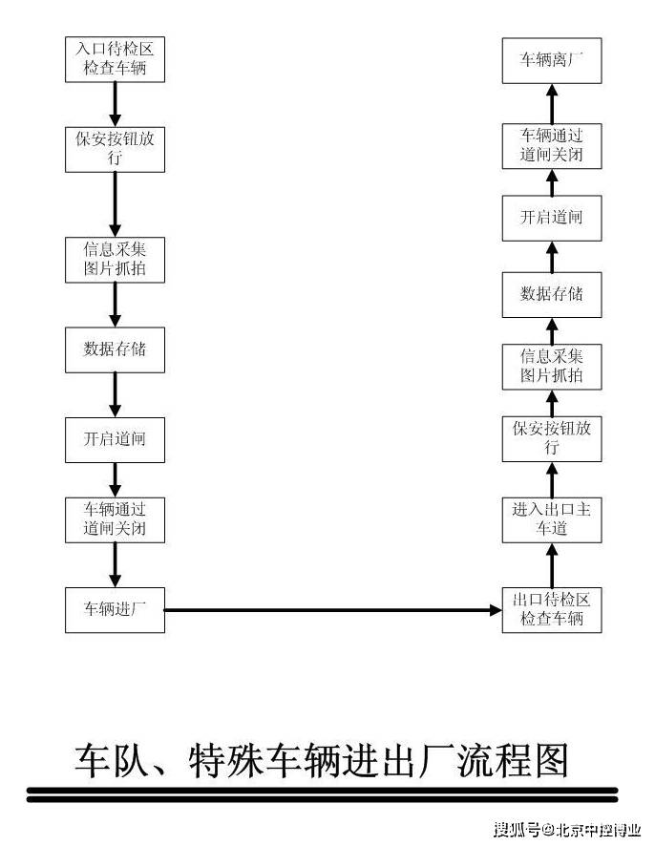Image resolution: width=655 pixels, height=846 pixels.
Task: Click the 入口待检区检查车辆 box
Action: pyautogui.click(x=115, y=58)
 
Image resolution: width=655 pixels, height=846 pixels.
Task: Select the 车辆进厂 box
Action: pyautogui.click(x=115, y=608)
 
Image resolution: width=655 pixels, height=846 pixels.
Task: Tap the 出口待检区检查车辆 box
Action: pyautogui.click(x=552, y=608)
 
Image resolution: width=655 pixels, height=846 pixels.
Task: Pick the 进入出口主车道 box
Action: pyautogui.click(x=552, y=518)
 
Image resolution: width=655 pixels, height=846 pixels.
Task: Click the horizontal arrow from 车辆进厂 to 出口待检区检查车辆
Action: pyautogui.click(x=333, y=608)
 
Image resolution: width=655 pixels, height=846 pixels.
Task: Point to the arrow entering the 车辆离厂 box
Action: pyautogui.click(x=552, y=102)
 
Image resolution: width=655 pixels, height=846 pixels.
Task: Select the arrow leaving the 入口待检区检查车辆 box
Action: pyautogui.click(x=115, y=104)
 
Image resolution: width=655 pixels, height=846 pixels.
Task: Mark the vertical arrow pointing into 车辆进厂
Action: pyautogui.click(x=115, y=562)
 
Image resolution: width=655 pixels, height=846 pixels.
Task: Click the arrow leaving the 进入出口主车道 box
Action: pyautogui.click(x=552, y=475)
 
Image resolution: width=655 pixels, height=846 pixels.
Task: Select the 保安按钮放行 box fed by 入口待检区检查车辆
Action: pyautogui.click(x=115, y=149)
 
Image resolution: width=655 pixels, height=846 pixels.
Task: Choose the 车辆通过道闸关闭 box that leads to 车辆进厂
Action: pyautogui.click(x=115, y=518)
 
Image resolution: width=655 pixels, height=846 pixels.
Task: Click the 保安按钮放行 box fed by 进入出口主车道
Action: pyautogui.click(x=552, y=437)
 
